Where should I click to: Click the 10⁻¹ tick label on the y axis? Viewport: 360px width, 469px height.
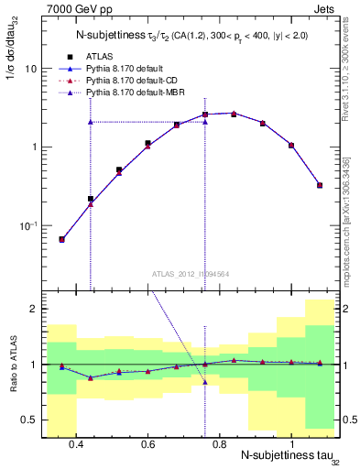point(27,225)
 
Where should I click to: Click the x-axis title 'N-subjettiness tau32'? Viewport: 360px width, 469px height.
point(289,457)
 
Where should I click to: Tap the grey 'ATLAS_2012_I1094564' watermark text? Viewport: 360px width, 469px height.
point(191,273)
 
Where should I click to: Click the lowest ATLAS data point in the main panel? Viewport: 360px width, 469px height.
point(62,239)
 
